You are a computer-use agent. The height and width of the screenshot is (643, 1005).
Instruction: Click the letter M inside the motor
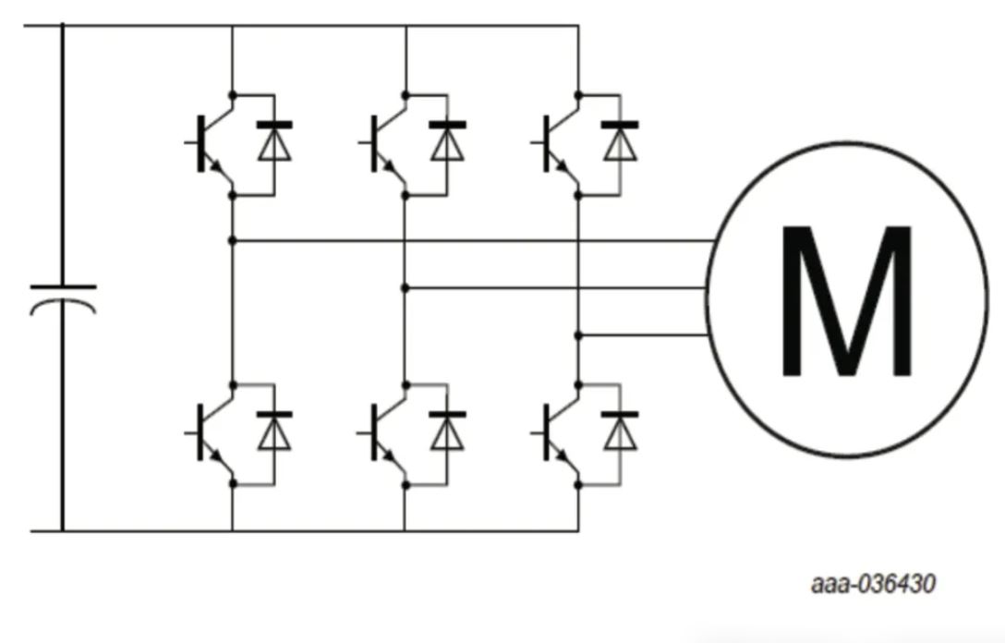click(847, 301)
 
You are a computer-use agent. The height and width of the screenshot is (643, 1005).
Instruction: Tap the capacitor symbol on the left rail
click(63, 298)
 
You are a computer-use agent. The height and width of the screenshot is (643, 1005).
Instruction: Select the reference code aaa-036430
click(873, 584)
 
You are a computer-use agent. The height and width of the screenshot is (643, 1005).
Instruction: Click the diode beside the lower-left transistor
click(274, 431)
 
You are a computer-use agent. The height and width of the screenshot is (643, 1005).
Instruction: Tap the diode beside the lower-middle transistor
click(448, 431)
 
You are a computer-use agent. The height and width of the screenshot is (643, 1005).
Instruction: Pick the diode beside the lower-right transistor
click(621, 431)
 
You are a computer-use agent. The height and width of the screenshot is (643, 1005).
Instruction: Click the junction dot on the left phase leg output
click(232, 241)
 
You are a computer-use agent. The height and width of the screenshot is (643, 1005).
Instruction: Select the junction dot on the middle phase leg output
click(405, 288)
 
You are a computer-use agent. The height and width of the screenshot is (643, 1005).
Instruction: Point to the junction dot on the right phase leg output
click(578, 334)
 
